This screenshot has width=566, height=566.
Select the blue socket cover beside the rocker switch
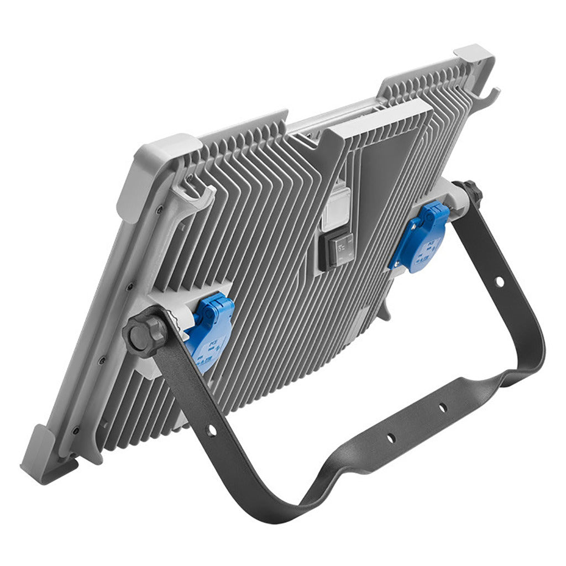coord(420,238)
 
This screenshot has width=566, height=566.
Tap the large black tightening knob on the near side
coord(144,335)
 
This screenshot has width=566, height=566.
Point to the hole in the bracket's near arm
coord(211,429)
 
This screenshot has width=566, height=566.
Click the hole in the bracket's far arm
coord(499,281)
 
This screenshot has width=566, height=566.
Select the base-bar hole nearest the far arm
coord(443,407)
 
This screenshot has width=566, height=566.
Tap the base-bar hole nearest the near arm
coord(390,438)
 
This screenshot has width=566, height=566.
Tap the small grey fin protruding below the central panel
coord(384,312)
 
